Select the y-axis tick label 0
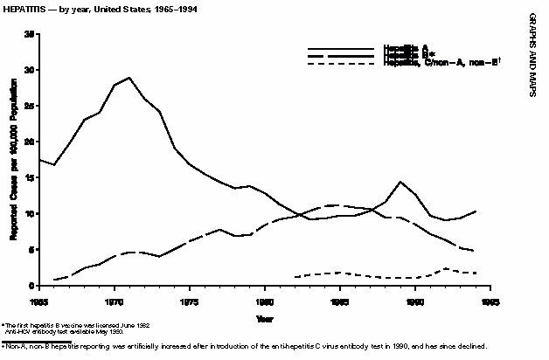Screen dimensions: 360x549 click(x=32, y=286)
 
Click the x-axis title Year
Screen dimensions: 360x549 click(x=265, y=319)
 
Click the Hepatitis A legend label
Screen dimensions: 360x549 click(x=405, y=47)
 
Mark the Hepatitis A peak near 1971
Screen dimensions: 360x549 click(x=129, y=78)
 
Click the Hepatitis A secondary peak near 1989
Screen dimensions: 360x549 click(x=400, y=182)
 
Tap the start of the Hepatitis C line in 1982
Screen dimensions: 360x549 click(x=295, y=277)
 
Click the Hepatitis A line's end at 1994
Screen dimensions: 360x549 click(x=476, y=211)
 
